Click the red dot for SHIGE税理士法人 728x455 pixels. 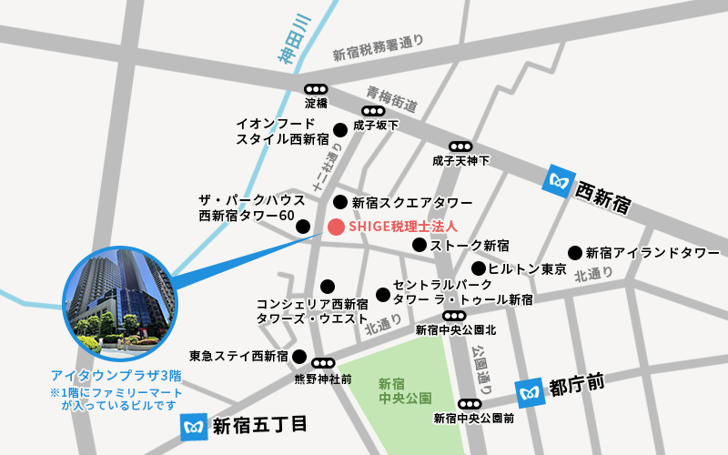336,227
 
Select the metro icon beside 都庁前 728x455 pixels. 530,393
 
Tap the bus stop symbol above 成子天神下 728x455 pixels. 460,147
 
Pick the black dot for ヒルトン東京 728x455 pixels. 478,268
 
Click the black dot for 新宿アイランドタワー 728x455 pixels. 575,252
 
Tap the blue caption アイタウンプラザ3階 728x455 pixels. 116,375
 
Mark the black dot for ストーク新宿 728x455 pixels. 420,245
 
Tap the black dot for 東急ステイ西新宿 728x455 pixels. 298,356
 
